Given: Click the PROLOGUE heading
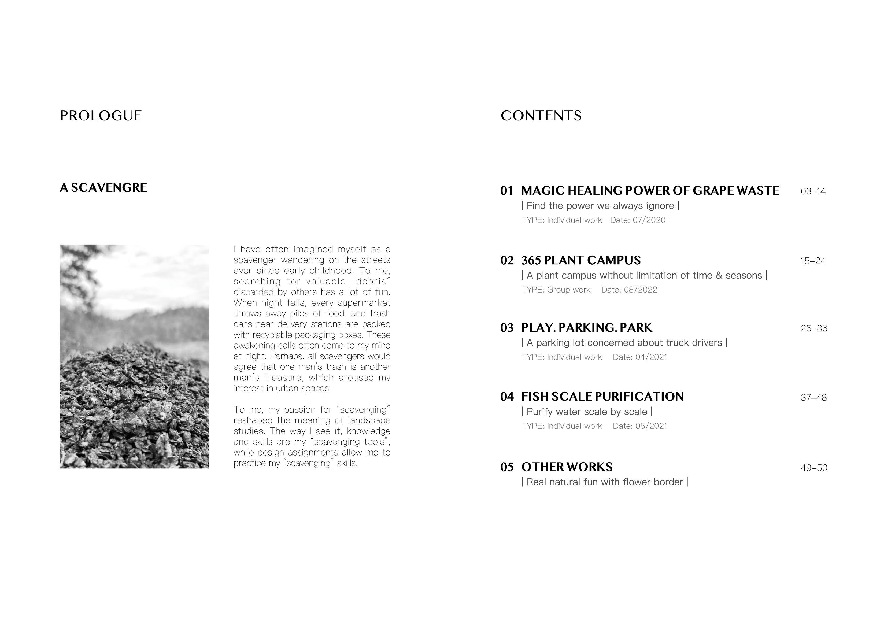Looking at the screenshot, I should pyautogui.click(x=101, y=116).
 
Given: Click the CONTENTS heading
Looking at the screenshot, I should pyautogui.click(x=541, y=116).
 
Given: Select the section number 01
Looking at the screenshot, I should pyautogui.click(x=507, y=191).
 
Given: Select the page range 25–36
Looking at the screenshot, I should pyautogui.click(x=813, y=328).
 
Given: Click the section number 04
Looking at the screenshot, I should pyautogui.click(x=507, y=397).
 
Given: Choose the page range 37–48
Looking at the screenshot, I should pyautogui.click(x=813, y=398).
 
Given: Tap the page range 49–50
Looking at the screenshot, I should pyautogui.click(x=813, y=468).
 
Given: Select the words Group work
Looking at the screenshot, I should pyautogui.click(x=569, y=290).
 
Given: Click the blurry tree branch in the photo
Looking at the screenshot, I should pyautogui.click(x=79, y=266).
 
